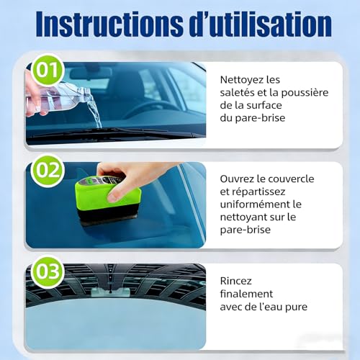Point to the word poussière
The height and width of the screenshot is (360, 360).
click(296, 94)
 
